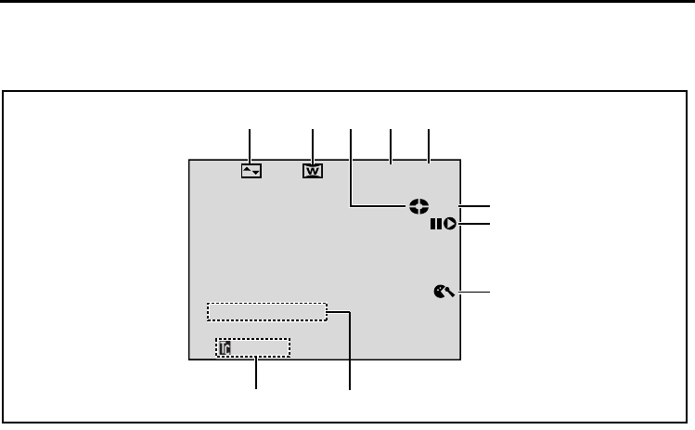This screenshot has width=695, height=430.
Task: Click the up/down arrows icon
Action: tap(251, 172)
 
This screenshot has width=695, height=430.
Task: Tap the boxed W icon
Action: tap(313, 172)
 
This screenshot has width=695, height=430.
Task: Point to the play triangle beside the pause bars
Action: tap(450, 224)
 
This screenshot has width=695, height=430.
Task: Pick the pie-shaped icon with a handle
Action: tap(442, 293)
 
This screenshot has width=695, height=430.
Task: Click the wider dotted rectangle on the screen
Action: tap(267, 311)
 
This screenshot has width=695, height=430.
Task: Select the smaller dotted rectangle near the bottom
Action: tap(252, 347)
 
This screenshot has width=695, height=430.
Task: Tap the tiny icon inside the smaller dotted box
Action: tap(224, 347)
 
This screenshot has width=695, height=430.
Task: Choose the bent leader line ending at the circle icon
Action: tap(351, 167)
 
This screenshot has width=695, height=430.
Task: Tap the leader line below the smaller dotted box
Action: tap(257, 375)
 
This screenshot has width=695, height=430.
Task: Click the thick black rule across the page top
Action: tap(347, 3)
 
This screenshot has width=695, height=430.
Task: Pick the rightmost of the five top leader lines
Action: tap(430, 146)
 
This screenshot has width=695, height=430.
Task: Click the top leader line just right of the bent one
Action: tap(391, 146)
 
